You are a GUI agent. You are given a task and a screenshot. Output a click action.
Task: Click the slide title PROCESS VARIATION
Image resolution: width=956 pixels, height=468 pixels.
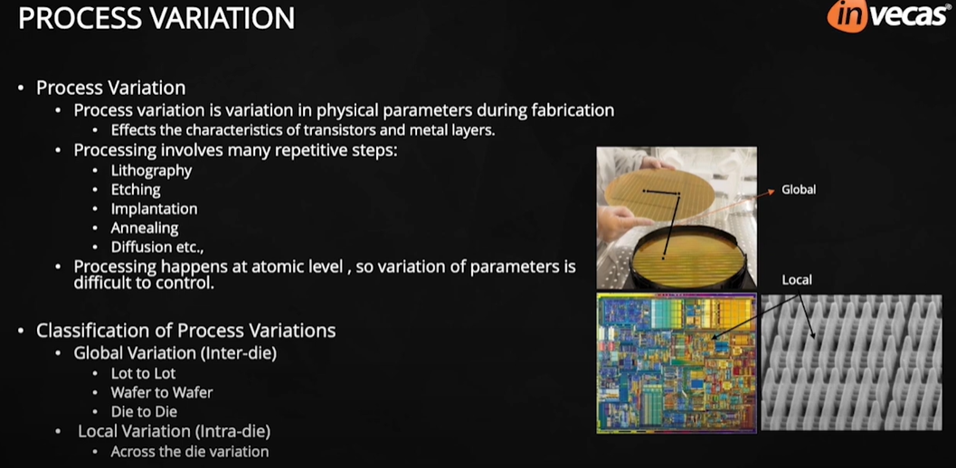(156, 18)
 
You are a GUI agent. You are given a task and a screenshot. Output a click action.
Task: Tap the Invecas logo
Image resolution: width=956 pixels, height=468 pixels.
(886, 16)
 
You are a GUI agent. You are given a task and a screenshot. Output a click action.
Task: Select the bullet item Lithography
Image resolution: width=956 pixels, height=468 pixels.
(151, 170)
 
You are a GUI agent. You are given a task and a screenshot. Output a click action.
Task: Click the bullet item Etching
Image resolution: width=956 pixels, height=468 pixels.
(136, 190)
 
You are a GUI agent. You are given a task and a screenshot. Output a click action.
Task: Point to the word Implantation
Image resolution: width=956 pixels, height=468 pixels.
(154, 209)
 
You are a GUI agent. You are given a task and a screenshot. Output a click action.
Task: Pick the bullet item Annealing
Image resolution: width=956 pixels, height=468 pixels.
(145, 228)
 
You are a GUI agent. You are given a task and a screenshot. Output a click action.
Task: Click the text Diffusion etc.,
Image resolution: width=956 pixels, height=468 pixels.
(156, 247)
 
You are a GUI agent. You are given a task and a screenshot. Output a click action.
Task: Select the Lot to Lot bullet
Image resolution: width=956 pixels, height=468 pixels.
(143, 373)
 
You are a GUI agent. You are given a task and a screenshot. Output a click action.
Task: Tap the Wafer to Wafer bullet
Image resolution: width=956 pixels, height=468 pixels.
(162, 392)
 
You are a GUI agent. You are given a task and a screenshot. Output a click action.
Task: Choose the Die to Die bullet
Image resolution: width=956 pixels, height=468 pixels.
(144, 411)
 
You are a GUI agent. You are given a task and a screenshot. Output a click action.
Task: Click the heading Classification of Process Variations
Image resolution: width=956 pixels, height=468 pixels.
(185, 331)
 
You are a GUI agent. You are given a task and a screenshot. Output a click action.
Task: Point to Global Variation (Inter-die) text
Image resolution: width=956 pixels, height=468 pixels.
(175, 353)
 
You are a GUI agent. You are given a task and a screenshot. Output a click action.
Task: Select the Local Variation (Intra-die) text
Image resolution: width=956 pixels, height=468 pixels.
(174, 431)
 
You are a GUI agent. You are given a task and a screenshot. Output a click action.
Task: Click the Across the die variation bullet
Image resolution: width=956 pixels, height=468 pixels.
(189, 451)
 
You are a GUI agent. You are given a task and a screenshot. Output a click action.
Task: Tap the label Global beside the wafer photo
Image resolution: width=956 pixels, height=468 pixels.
(799, 190)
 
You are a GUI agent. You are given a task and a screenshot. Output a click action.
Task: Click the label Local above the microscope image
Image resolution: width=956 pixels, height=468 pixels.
(797, 280)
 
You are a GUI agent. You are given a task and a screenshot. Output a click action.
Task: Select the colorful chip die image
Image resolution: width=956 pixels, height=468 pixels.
(676, 362)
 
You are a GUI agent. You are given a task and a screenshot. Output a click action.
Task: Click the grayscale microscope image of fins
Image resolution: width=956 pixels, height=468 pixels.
(850, 362)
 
